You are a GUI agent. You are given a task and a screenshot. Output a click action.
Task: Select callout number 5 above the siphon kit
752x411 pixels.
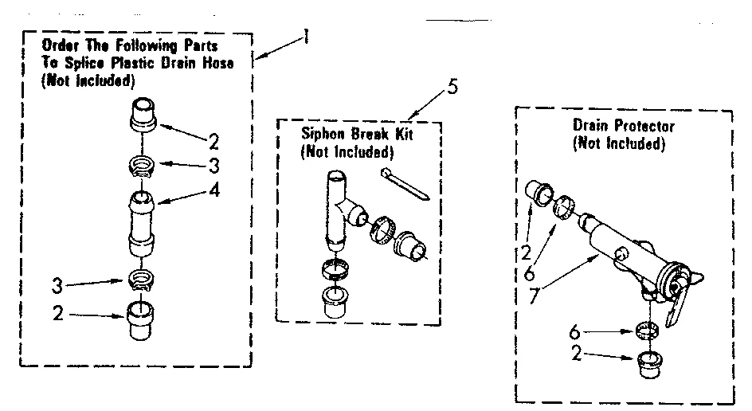pos(452,85)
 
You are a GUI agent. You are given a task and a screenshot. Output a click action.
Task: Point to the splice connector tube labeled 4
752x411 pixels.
pos(141,220)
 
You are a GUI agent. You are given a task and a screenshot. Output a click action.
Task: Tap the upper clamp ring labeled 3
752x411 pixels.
pos(142,166)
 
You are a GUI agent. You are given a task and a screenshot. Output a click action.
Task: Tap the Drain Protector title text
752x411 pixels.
pos(623,127)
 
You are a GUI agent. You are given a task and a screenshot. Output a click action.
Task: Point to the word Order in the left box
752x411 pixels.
pos(61,47)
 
